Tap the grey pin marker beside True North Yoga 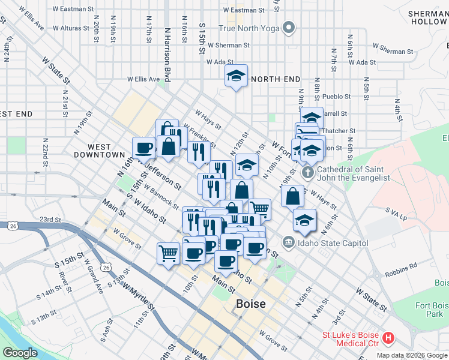click(x=289, y=27)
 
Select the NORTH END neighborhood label click(x=276, y=79)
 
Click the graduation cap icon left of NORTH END click(x=236, y=76)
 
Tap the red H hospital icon click(x=388, y=338)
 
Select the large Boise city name click(x=251, y=304)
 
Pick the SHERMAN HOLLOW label click(x=428, y=17)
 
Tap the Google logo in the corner click(x=20, y=353)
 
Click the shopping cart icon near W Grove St click(x=169, y=252)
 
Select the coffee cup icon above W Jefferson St click(x=145, y=147)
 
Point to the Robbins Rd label click(x=397, y=272)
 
